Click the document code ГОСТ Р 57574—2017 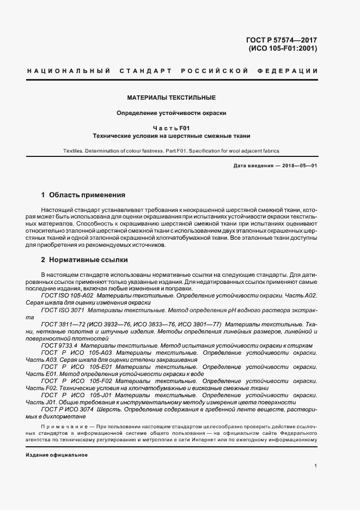coord(282,40)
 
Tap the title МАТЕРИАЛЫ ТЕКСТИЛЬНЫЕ coord(172,98)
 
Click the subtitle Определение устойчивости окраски coord(172,113)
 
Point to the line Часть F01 coord(172,128)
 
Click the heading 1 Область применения coord(83,195)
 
